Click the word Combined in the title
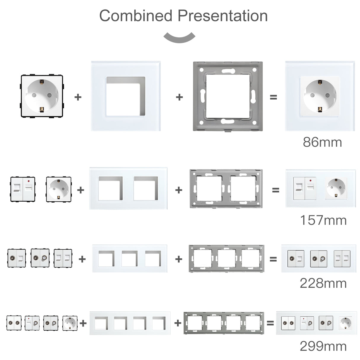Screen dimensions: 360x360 [x=136, y=16]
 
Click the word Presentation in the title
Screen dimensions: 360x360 [x=223, y=16]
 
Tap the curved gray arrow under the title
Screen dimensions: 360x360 [x=180, y=37]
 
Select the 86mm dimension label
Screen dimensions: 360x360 [x=322, y=142]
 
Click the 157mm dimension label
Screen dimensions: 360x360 [x=323, y=220]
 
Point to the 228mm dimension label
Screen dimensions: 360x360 [x=323, y=283]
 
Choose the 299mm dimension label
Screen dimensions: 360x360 [x=323, y=346]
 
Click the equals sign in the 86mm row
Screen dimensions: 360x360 [x=273, y=97]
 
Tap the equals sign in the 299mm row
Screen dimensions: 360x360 [x=270, y=323]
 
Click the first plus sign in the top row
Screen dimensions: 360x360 [x=78, y=97]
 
